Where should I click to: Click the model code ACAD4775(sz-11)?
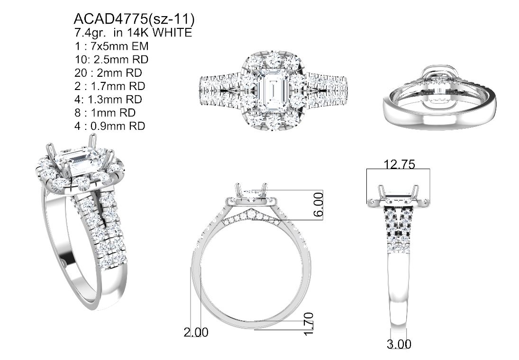point(134,19)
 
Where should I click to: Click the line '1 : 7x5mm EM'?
point(111,46)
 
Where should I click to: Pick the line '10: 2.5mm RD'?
point(111,60)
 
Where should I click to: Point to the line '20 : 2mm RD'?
point(108,73)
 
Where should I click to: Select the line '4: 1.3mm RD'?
point(108,99)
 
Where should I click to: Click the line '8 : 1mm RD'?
point(105,113)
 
